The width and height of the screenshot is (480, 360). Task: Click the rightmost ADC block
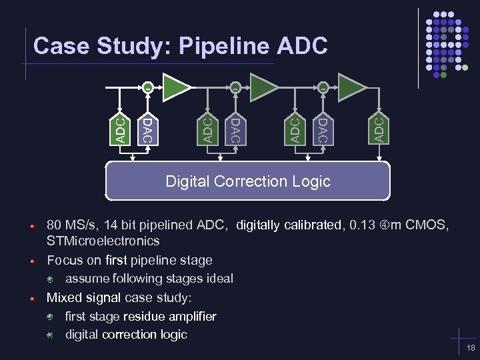coord(378,128)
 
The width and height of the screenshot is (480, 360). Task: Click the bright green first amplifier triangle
coord(175,87)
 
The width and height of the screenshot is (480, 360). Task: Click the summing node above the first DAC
coord(147,87)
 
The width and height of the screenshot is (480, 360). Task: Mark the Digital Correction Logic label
coord(247,181)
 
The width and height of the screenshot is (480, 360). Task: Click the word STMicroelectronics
coord(103,241)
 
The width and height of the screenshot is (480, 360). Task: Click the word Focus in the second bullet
coord(64,260)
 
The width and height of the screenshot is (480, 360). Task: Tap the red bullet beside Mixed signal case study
coord(31,298)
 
